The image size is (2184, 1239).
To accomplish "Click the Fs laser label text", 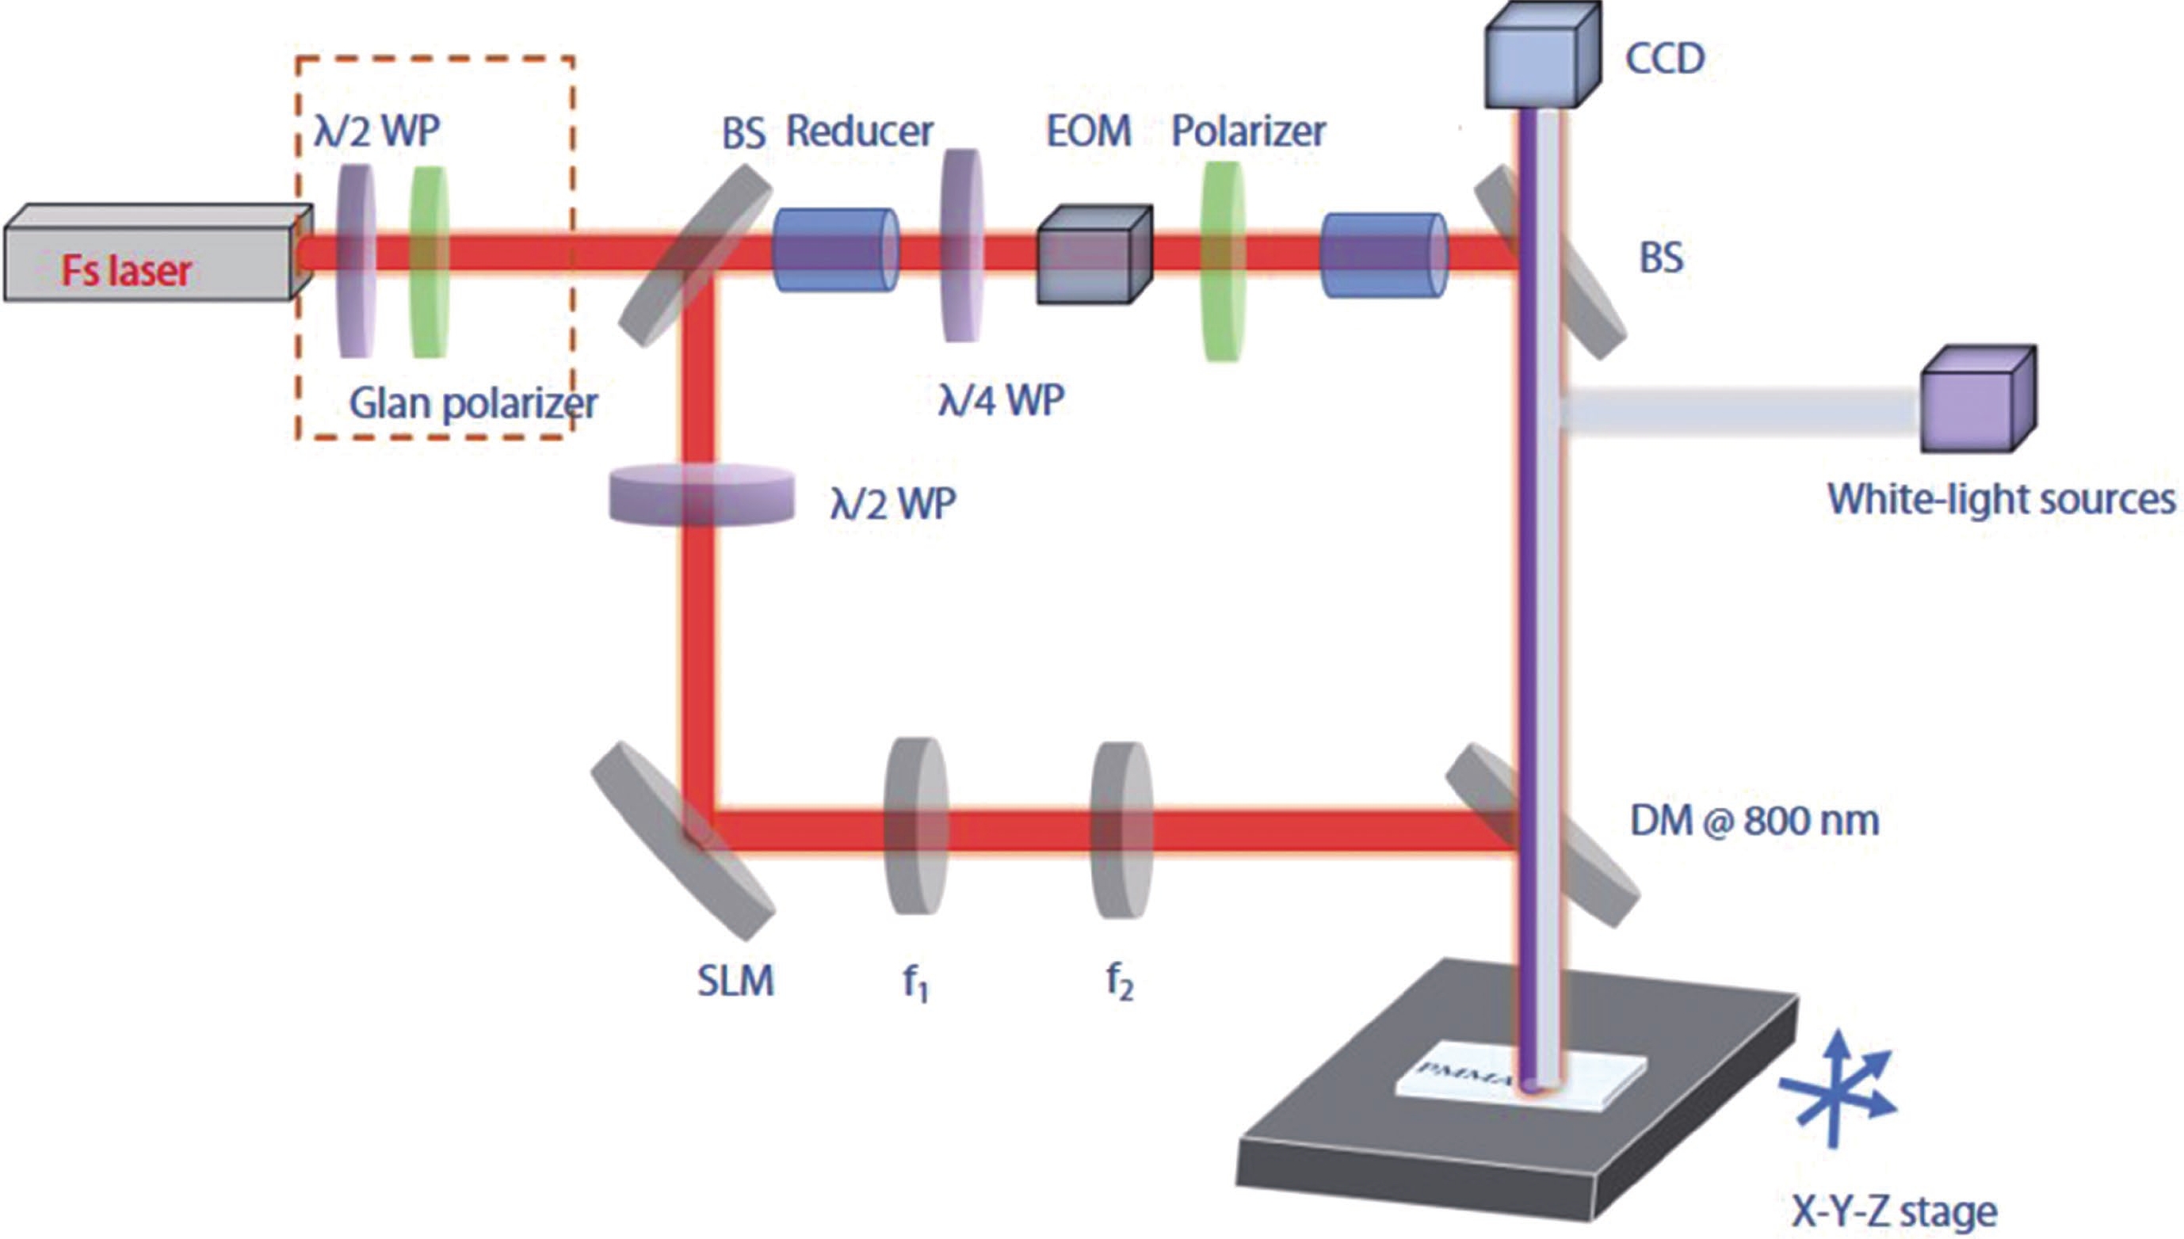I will point(126,271).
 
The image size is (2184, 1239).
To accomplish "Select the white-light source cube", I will point(1977,401).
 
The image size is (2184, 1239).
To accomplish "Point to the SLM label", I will point(735,982).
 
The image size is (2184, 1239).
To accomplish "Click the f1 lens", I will point(916,826).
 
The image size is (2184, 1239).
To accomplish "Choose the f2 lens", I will point(1122,829).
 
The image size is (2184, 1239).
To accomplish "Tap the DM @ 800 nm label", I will point(1754,822).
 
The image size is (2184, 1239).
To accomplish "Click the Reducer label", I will point(859,132).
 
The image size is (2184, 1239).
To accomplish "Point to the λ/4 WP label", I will point(1001,400).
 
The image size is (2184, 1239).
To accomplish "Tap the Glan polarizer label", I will point(473,403).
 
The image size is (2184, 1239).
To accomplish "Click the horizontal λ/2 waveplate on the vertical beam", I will point(701,494).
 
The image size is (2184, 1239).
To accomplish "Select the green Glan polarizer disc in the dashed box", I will point(429,261).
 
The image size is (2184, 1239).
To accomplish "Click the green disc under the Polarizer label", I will point(1222,261).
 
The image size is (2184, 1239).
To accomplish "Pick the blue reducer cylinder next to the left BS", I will point(834,250).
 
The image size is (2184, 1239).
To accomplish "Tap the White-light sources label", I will point(2001,500).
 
